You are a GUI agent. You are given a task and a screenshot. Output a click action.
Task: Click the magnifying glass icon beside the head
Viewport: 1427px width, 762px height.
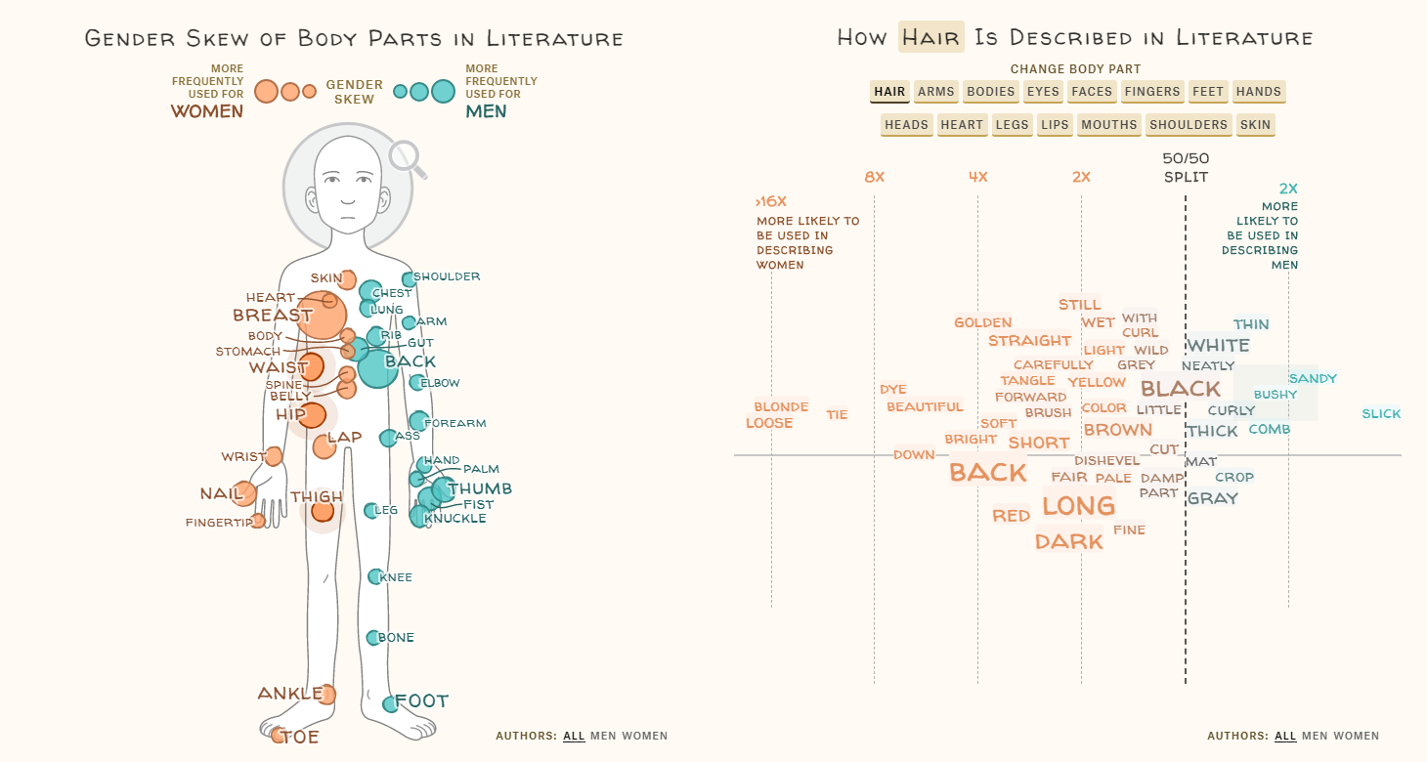point(404,157)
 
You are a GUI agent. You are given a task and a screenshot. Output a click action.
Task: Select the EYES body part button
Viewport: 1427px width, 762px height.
point(1043,92)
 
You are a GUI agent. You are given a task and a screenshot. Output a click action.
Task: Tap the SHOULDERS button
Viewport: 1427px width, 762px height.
point(1189,125)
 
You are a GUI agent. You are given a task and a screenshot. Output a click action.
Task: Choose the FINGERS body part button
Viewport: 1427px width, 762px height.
point(1152,92)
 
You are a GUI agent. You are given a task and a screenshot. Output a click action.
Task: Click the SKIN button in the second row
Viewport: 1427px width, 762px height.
point(1256,125)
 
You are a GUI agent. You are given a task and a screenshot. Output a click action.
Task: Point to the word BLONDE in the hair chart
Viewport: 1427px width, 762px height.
point(781,406)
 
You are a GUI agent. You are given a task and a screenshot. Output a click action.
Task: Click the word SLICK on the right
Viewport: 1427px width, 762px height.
point(1381,414)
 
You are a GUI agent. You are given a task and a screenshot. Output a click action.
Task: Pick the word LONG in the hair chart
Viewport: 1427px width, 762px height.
point(1078,505)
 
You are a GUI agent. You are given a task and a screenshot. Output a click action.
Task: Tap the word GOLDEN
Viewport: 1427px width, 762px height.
point(982,322)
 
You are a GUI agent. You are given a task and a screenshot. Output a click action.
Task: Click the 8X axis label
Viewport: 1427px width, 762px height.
point(874,177)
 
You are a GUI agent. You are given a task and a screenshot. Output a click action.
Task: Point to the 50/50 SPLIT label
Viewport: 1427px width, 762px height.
point(1186,167)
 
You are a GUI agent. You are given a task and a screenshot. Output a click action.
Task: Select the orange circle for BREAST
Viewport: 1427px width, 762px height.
point(322,315)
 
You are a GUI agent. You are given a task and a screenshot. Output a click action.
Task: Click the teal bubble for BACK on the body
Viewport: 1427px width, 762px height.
point(377,367)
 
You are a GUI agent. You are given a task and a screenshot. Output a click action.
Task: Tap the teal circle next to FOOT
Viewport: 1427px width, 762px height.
point(390,703)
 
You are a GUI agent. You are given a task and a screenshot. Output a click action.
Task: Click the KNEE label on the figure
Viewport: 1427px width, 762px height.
point(396,577)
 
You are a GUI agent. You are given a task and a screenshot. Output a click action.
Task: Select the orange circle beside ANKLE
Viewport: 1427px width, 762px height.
point(326,695)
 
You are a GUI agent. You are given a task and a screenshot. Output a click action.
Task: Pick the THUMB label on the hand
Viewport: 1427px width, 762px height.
point(479,488)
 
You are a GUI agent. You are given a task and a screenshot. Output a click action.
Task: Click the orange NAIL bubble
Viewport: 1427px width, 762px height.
point(244,493)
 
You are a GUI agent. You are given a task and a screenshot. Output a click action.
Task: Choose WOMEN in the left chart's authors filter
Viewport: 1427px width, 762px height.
point(645,736)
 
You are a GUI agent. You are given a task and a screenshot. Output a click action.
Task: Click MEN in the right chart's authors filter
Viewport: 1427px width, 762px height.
point(1315,736)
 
